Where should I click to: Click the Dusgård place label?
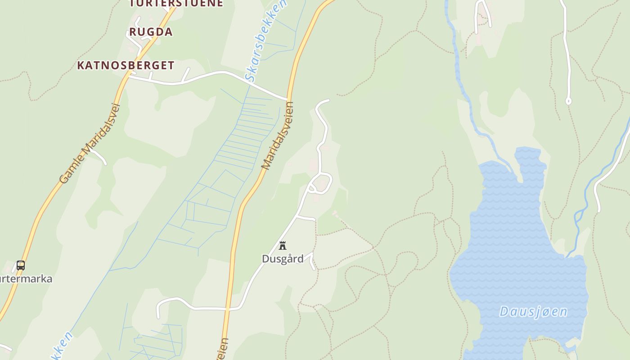click(x=283, y=259)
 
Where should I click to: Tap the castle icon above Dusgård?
click(x=283, y=246)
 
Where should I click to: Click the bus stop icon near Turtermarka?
click(x=21, y=265)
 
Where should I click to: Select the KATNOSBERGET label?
click(x=126, y=65)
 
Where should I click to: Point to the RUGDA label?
click(x=151, y=32)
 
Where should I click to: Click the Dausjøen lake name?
click(x=533, y=311)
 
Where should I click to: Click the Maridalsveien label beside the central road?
click(x=278, y=135)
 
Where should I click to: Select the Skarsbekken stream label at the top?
click(x=265, y=40)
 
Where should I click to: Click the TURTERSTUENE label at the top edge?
click(x=176, y=4)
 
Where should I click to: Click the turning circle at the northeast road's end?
click(x=568, y=101)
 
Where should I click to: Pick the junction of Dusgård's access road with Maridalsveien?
click(x=229, y=309)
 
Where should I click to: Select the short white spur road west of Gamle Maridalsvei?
click(x=98, y=155)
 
